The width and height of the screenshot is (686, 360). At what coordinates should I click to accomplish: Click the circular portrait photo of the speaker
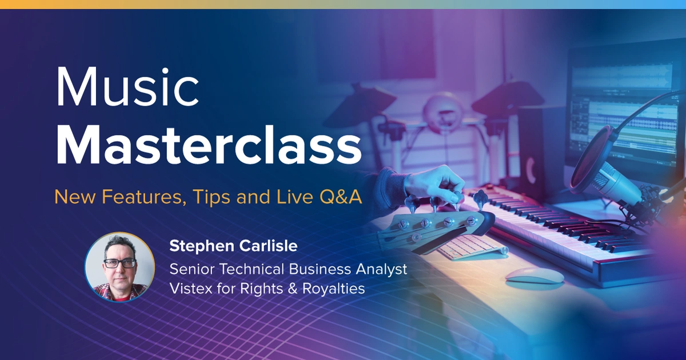(x=119, y=266)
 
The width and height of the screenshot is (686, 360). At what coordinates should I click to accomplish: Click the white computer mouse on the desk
(x=534, y=275)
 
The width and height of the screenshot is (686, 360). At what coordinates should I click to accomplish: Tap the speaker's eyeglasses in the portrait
(x=119, y=263)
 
